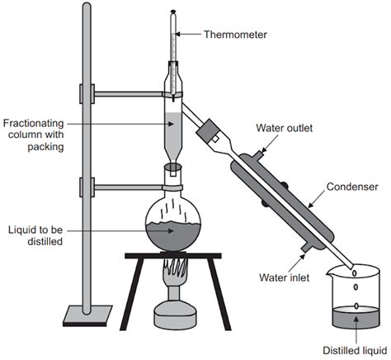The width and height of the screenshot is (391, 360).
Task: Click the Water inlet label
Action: coord(284,277)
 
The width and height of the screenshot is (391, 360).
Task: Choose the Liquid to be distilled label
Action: coord(34,234)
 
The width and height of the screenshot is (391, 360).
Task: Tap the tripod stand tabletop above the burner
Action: coord(174,255)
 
